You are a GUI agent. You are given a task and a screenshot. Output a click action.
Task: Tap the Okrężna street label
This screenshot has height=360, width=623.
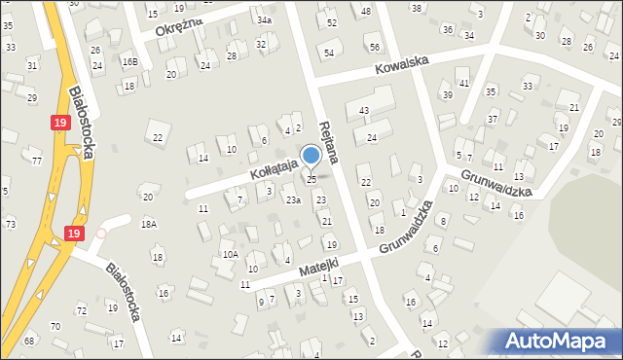pos(178,25)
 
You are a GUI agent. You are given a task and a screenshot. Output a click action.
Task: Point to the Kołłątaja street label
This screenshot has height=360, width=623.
pos(252,174)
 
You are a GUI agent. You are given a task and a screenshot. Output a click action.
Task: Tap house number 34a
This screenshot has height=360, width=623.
pos(265,19)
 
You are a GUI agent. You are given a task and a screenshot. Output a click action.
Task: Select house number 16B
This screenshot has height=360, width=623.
pos(129,61)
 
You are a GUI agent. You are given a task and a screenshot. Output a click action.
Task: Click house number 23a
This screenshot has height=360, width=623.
pos(292,199)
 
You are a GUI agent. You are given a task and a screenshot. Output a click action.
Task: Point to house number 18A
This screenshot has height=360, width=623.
pos(148,224)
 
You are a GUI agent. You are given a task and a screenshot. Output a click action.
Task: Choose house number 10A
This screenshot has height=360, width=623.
pos(230,254)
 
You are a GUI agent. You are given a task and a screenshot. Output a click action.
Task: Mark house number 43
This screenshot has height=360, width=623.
pos(363,111)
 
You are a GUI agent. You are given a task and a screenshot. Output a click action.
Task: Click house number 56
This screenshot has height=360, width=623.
pos(375,48)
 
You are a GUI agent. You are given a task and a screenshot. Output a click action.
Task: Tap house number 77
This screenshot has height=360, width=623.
pos(37,161)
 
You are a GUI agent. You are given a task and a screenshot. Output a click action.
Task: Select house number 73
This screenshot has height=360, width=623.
pos(10,224)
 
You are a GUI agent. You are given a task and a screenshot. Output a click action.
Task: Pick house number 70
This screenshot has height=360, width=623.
pos(55,326)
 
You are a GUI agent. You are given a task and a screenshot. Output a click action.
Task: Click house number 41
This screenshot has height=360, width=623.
pos(464,84)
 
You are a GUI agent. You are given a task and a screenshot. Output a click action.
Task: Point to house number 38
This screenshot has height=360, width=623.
pos(417,8)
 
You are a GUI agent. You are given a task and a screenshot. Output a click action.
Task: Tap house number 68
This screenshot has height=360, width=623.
pos(29,340)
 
